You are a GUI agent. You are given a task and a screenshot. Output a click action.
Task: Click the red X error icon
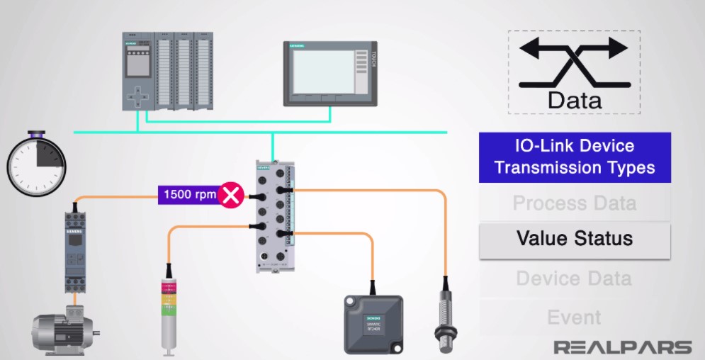(x=230, y=193)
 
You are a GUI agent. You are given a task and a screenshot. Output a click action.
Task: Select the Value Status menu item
(x=574, y=238)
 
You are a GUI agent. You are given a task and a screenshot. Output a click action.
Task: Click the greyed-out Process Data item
(x=574, y=203)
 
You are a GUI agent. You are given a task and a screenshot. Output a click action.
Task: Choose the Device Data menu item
(x=574, y=278)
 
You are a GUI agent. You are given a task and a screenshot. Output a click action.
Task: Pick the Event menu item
(x=574, y=317)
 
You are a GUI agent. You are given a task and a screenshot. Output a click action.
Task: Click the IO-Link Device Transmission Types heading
(x=574, y=157)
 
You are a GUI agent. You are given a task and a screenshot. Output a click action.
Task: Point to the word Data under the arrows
(x=574, y=99)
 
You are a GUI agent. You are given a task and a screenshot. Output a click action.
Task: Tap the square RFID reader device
(x=373, y=324)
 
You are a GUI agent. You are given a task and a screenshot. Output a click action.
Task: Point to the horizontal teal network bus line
(x=354, y=131)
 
